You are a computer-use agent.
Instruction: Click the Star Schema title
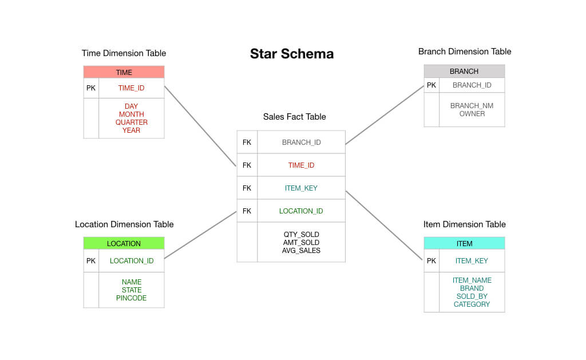pos(292,54)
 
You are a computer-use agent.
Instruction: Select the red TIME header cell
pos(124,72)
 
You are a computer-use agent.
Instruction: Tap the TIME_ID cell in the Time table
pos(131,88)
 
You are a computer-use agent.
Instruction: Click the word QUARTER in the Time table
pos(131,122)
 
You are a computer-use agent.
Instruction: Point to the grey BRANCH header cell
pos(464,72)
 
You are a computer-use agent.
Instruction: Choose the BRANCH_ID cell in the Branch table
pos(472,85)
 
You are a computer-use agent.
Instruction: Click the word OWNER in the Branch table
pos(472,114)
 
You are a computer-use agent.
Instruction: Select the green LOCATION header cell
pos(124,243)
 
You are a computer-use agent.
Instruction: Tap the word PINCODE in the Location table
pos(131,298)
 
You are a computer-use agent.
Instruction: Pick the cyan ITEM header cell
pos(464,243)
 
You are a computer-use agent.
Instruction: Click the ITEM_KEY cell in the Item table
pos(472,261)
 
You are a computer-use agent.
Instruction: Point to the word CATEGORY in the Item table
pos(472,304)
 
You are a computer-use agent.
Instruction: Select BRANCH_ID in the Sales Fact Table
pos(301,143)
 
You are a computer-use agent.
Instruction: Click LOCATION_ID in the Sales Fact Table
pos(301,211)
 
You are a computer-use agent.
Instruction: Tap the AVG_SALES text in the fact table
pos(301,251)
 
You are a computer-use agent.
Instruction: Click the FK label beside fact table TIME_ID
pos(247,165)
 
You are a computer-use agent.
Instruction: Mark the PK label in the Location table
pos(91,261)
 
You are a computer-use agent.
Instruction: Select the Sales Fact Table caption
pos(294,117)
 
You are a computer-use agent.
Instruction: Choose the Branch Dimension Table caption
pos(464,52)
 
